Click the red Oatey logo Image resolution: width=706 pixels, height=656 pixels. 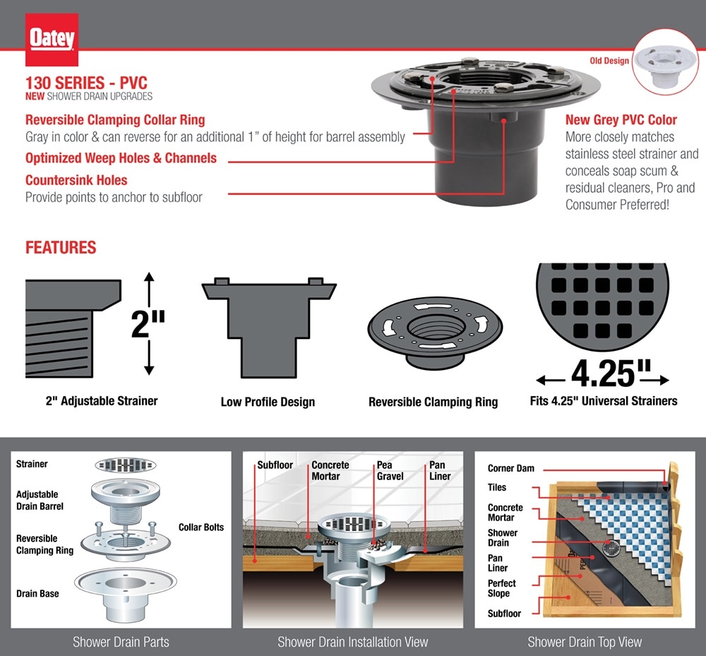pos(53,39)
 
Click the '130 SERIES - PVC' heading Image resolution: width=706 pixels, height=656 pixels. pos(86,83)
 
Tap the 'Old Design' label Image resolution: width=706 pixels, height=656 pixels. pos(609,61)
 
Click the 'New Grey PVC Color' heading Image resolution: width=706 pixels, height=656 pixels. pos(621,120)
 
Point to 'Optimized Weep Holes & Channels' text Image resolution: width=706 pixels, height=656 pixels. pos(121,158)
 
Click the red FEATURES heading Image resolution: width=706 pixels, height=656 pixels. pos(61,249)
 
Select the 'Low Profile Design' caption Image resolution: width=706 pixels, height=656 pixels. pos(268,402)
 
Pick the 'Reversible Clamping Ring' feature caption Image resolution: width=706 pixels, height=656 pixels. pos(433,402)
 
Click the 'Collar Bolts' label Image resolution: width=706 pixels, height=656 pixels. pos(201,527)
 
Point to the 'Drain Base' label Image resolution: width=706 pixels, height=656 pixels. pos(37,594)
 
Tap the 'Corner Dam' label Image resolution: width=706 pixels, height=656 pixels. pos(510,469)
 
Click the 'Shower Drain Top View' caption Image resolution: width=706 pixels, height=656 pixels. pos(585,642)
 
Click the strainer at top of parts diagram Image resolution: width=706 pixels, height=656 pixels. pos(125,465)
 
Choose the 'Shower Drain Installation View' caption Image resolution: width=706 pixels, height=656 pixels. pos(352,642)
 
